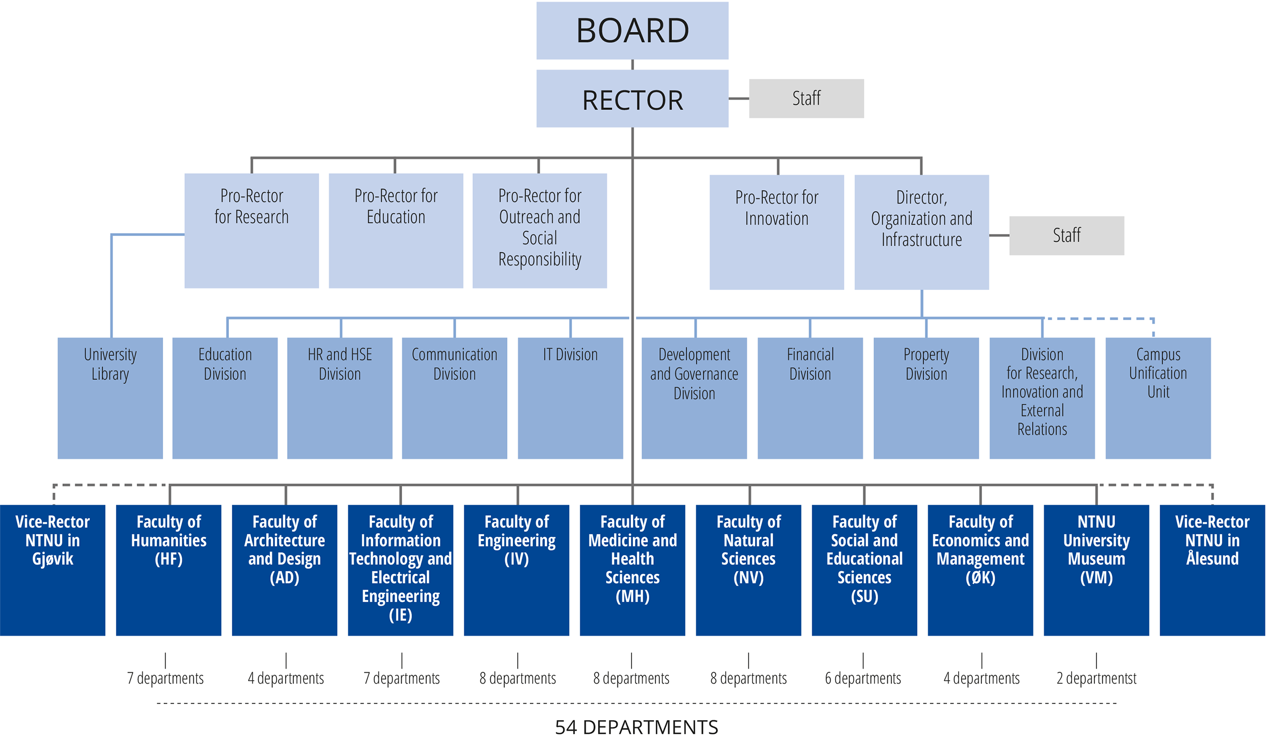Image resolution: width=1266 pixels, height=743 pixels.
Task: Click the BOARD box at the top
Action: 632,30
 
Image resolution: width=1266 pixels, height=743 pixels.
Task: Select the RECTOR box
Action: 632,99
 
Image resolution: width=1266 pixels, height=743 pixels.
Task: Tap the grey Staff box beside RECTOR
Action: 806,98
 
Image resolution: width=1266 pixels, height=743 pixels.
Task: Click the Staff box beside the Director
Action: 1066,236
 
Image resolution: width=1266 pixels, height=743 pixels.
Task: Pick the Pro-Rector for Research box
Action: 251,230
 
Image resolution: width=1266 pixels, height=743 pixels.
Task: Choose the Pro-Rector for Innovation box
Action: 776,232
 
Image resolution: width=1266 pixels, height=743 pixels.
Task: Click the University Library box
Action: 110,398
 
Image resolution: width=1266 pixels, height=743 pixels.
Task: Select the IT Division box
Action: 570,398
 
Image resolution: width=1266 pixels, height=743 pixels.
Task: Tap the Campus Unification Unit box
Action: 1158,398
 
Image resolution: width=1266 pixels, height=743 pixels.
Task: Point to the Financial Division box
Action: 810,398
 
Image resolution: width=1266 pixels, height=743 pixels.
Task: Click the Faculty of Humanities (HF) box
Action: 168,570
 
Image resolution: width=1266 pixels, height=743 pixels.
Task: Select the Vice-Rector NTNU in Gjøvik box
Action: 53,570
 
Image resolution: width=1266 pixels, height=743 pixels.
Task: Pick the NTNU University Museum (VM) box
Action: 1096,570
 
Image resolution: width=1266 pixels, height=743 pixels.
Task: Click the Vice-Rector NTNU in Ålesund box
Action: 1212,570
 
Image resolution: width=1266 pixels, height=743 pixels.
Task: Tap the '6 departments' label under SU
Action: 863,678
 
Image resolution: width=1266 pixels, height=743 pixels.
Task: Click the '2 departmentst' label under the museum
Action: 1096,678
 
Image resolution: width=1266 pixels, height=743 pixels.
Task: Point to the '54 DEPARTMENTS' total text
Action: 636,727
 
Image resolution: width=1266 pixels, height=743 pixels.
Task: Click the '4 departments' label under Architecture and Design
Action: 286,678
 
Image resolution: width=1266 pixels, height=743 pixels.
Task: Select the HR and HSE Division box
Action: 339,398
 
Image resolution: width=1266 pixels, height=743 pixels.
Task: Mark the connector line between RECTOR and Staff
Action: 738,99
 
